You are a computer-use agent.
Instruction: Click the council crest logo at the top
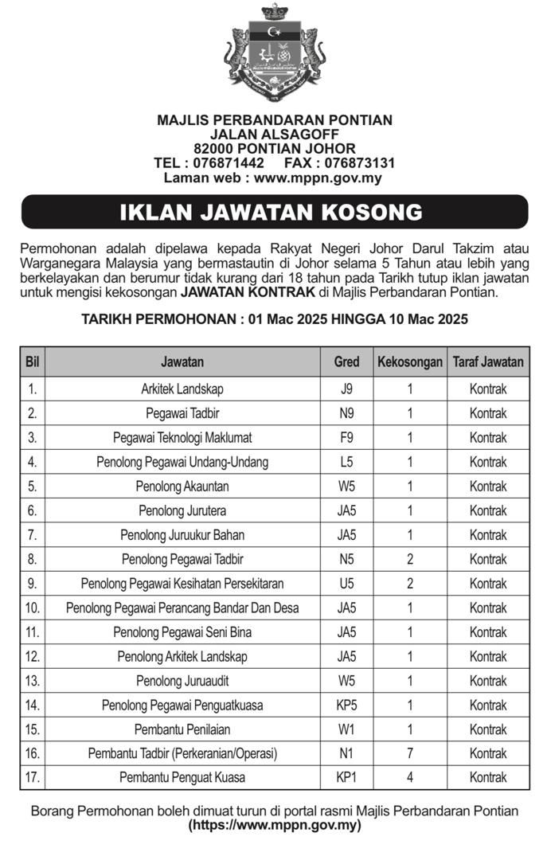coord(275,56)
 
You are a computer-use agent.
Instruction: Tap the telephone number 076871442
coord(229,163)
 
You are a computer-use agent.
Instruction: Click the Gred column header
coord(346,362)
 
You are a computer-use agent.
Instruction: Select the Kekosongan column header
coord(409,362)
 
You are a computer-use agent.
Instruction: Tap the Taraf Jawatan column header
coord(488,362)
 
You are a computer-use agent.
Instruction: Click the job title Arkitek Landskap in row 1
coord(182,389)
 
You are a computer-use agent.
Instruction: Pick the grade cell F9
coord(346,438)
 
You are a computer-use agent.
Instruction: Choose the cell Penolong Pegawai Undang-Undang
coord(182,462)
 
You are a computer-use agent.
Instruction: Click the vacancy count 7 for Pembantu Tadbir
coord(409,753)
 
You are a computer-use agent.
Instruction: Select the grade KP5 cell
coord(346,705)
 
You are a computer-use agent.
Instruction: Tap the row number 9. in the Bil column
coord(33,584)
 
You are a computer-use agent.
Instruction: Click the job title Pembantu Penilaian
coord(182,729)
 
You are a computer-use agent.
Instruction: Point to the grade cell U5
coord(346,584)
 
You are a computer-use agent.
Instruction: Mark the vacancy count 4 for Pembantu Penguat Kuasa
coord(409,777)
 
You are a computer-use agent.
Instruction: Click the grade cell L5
coord(346,462)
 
